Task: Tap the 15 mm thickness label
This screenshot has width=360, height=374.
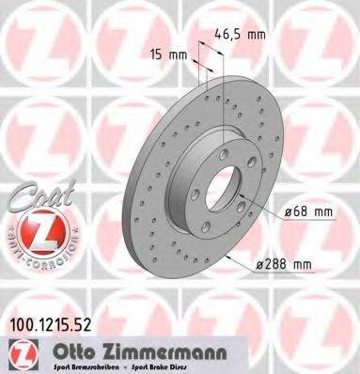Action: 166,55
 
